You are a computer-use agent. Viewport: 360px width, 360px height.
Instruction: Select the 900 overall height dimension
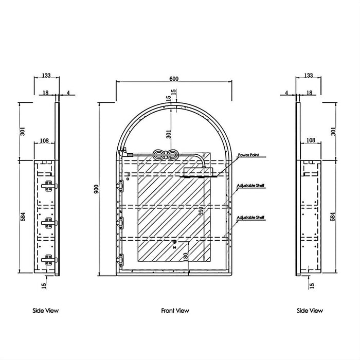96,188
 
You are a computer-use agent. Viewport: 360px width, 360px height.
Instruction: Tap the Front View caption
175,310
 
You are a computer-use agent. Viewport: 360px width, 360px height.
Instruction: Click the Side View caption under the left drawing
46,310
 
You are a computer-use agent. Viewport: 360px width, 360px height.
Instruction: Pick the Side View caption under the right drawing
310,310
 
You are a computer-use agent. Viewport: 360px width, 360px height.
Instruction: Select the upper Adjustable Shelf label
250,186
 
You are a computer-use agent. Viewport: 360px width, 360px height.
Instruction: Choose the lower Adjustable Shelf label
250,218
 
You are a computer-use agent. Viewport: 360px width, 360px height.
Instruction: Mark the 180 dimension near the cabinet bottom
185,255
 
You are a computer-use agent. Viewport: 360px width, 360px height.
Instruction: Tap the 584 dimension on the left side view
22,218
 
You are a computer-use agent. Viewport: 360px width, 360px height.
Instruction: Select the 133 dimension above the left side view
46,76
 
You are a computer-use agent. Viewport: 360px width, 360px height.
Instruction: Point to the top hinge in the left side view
49,187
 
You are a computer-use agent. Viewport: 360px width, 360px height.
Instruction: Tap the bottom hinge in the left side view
49,259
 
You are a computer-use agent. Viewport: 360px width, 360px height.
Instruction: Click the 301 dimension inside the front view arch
169,134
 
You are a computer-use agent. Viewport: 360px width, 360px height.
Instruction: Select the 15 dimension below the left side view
45,283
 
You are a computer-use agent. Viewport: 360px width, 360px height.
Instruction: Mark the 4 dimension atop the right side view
286,93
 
